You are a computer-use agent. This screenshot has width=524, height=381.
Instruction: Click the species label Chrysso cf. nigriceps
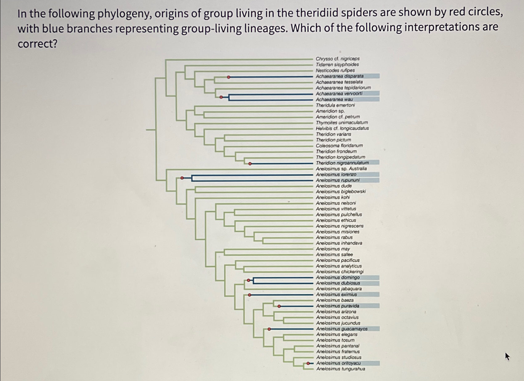coord(337,59)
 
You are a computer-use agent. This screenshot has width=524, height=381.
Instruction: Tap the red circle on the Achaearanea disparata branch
coord(229,77)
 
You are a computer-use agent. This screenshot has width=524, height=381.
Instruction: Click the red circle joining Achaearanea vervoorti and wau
coord(221,97)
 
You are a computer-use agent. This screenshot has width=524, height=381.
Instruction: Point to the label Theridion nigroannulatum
coord(342,163)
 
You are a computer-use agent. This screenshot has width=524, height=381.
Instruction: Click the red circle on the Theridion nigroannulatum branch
coord(250,164)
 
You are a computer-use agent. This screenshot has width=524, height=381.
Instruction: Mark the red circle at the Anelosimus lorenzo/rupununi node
coord(182,178)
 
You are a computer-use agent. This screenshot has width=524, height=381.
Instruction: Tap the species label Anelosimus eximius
coord(336,295)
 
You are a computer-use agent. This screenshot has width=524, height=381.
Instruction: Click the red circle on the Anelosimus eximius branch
coord(250,295)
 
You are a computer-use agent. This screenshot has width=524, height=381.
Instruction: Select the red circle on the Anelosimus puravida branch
coord(279,306)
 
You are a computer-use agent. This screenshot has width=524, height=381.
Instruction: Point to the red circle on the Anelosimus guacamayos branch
coord(269,329)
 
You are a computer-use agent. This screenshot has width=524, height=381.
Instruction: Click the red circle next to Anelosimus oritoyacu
coord(308,363)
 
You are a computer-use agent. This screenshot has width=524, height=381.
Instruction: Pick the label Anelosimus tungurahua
coord(340,369)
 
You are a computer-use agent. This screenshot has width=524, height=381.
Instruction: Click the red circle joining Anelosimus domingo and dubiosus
coord(249,280)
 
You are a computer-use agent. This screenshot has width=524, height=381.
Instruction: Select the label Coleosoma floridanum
coord(339,145)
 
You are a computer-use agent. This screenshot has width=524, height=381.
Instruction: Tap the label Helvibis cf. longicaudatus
coord(342,128)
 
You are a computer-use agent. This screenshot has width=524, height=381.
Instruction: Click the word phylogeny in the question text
coord(124,14)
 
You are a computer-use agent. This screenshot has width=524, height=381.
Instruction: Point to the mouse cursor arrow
coord(507,356)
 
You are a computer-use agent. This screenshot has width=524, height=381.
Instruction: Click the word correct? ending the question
coord(38,44)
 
